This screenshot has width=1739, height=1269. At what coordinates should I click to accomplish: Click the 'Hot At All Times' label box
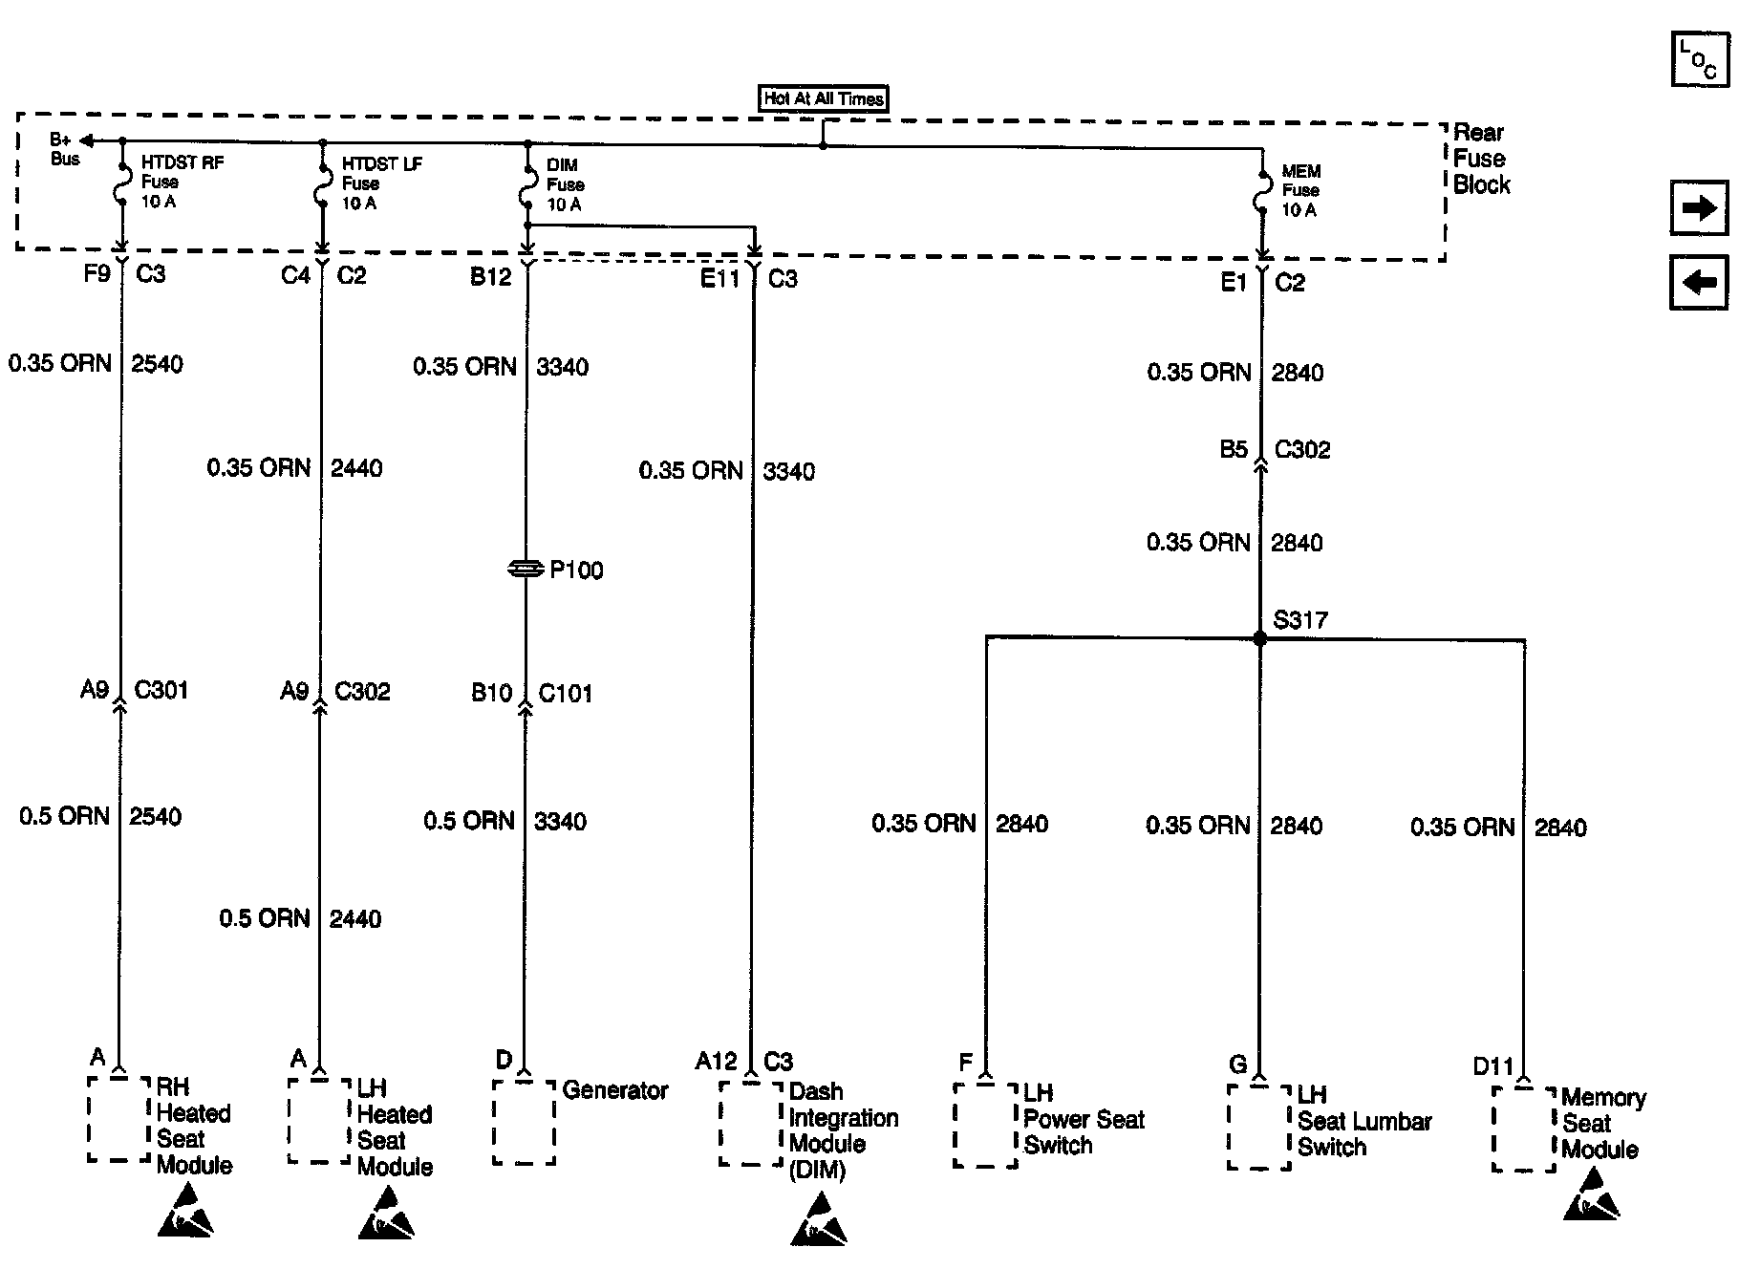coord(824,98)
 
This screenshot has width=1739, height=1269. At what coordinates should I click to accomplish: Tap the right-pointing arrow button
coord(1699,208)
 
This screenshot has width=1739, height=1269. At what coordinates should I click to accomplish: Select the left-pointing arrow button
coord(1699,283)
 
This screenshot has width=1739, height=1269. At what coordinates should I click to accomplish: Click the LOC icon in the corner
coord(1700,60)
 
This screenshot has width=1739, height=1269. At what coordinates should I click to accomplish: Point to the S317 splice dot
coord(1260,638)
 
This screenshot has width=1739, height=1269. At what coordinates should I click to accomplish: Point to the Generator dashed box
coord(524,1123)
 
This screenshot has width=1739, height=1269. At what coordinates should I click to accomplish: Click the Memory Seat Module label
coord(1602,1124)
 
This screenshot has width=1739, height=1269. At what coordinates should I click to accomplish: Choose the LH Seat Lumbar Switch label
coord(1363,1121)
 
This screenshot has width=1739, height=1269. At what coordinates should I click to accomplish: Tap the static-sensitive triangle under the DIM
coord(819,1219)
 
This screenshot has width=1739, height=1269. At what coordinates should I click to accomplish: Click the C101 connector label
coord(565,693)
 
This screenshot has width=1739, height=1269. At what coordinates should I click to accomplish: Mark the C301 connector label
coord(161,690)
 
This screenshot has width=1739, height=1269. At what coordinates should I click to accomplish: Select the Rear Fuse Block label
coord(1480,159)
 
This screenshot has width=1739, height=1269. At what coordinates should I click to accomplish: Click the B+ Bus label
coord(64,150)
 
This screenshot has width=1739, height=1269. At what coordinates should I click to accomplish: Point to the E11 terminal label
coord(720,279)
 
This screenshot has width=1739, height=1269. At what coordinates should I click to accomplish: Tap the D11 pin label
coord(1492,1066)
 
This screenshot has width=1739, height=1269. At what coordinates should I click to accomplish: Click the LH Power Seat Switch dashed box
coord(985,1126)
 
